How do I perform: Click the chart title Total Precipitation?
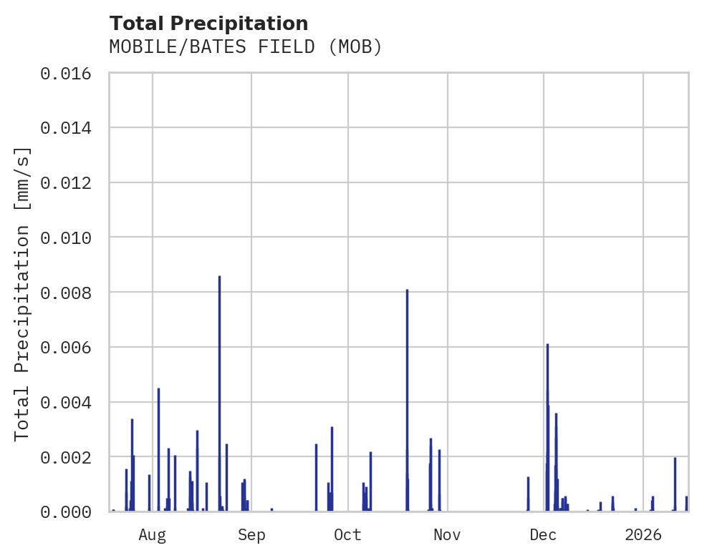pos(208,23)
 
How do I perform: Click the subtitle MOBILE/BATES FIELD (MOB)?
pos(246,47)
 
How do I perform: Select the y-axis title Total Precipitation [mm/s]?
pos(22,293)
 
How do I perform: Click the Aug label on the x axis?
pos(153,535)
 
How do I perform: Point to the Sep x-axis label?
pos(251,535)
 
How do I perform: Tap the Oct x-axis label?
pos(348,535)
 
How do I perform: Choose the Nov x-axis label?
pos(447,535)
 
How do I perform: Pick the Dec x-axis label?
pos(544,535)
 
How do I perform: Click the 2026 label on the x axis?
pos(643,535)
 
